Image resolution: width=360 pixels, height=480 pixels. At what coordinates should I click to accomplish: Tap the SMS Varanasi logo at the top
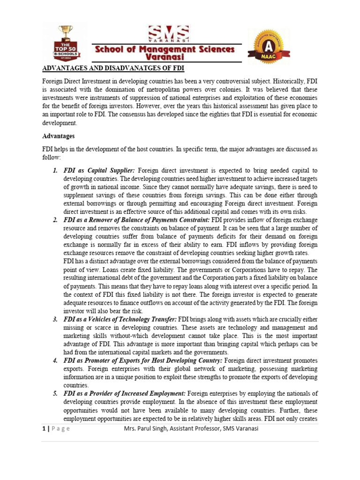click(x=169, y=34)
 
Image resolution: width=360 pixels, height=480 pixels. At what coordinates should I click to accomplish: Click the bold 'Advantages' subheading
click(x=59, y=136)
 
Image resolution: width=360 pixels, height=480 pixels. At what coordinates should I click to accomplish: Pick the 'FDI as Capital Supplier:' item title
click(x=99, y=171)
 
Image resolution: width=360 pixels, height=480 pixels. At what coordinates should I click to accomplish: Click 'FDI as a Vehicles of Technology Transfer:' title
click(x=120, y=319)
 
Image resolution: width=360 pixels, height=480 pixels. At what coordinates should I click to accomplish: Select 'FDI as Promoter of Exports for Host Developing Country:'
click(x=143, y=360)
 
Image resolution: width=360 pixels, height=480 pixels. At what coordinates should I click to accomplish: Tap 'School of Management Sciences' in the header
click(x=169, y=49)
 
